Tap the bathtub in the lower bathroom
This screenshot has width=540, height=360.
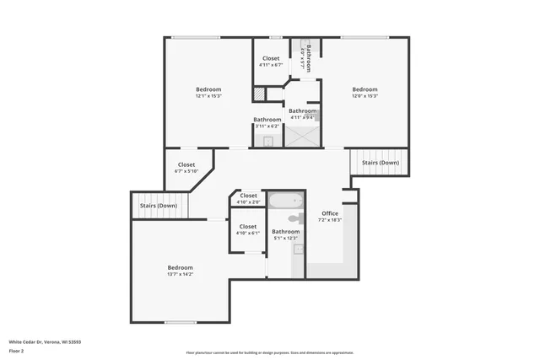tap(285, 201)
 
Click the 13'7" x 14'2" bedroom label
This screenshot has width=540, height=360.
tap(180, 270)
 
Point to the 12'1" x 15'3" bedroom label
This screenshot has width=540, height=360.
tap(208, 92)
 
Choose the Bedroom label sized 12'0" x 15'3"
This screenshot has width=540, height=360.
tap(364, 92)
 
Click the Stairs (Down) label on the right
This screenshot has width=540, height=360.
tap(380, 162)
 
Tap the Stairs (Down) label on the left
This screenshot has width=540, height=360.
tap(159, 205)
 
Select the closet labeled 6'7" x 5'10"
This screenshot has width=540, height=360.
tap(186, 168)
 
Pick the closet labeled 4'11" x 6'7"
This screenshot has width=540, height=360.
tap(271, 61)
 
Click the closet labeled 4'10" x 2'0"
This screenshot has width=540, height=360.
tap(248, 198)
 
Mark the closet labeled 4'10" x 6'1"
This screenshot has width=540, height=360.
tap(248, 228)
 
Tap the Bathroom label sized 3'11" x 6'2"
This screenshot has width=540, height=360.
tap(267, 122)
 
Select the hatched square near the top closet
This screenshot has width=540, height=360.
tap(260, 94)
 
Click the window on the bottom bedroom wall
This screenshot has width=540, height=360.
tap(180, 322)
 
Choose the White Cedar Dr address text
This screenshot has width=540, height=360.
tap(45, 342)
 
